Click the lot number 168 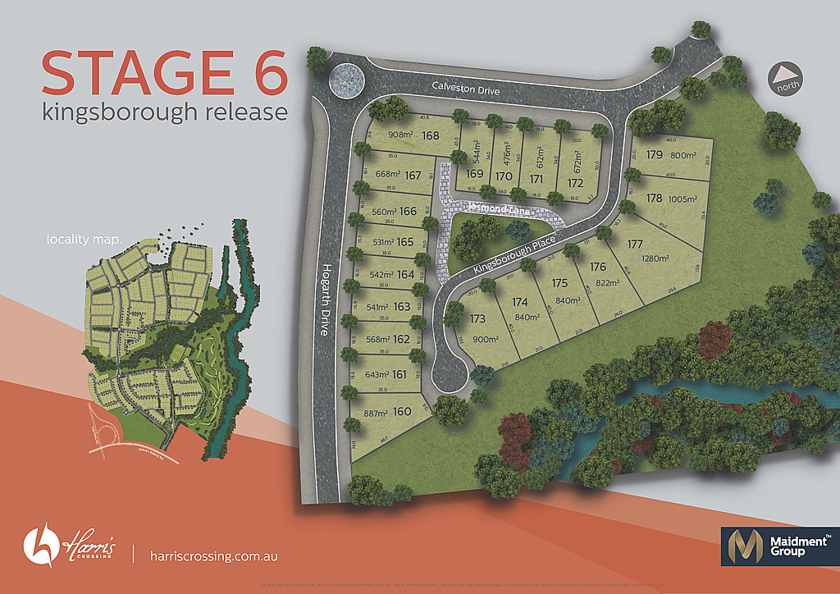click(x=431, y=136)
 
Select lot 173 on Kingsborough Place click(x=477, y=319)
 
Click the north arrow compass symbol click(x=786, y=80)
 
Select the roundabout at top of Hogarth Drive click(x=345, y=81)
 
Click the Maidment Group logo click(x=775, y=545)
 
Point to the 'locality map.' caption click(x=84, y=240)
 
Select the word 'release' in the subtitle click(x=244, y=111)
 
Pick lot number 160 click(x=401, y=412)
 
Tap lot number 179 click(x=654, y=154)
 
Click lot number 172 click(x=576, y=183)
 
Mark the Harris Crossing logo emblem click(x=39, y=543)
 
